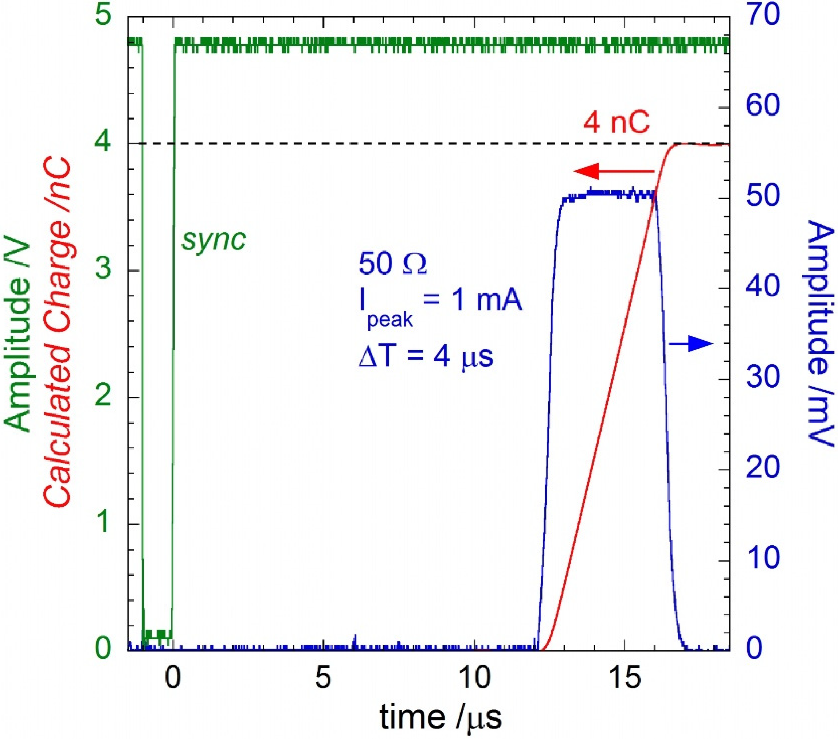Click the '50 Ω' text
pos(392,264)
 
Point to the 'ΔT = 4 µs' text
pos(426,355)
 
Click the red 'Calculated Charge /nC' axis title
pos(58,332)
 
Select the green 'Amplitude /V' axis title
pos(19,332)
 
